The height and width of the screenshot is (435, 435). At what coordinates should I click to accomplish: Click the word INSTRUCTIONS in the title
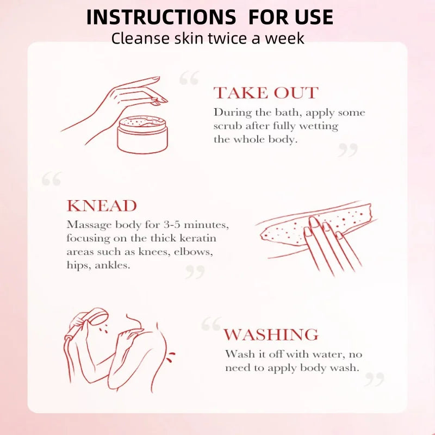161,17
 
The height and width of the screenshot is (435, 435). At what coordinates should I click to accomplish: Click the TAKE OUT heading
266,92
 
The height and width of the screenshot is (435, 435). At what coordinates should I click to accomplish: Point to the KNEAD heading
102,206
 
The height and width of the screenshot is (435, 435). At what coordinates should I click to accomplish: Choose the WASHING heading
271,334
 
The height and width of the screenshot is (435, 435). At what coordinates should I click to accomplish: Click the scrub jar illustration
142,134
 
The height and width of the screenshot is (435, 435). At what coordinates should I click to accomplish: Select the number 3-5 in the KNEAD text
172,225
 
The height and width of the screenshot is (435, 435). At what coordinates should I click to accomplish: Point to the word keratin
198,238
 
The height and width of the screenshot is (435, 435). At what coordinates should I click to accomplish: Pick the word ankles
113,265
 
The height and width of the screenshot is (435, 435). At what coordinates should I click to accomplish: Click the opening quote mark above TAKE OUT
189,78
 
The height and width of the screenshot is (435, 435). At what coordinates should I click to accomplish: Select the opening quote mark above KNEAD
52,179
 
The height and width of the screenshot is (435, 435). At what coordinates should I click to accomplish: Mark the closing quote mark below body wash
374,379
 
